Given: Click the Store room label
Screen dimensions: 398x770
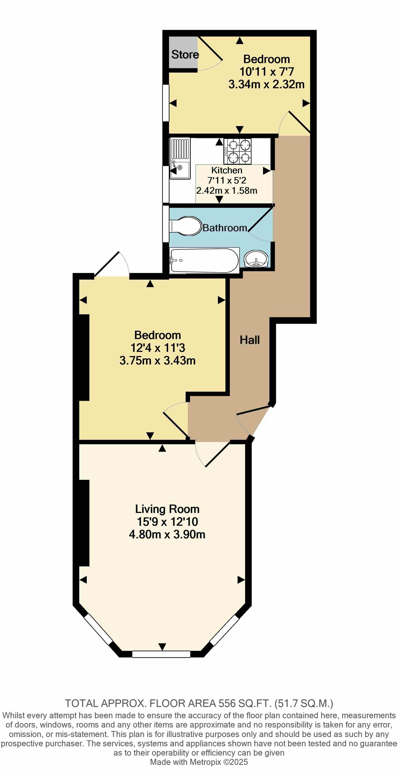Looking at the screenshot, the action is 185,54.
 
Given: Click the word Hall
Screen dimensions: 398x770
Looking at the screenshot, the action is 250,340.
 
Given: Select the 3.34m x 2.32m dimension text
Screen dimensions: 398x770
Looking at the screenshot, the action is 266,84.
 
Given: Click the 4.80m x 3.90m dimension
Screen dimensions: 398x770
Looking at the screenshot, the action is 167,534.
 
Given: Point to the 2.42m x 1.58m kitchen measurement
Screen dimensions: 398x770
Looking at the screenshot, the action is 227,190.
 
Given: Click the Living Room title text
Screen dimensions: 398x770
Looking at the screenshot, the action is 167,509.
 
